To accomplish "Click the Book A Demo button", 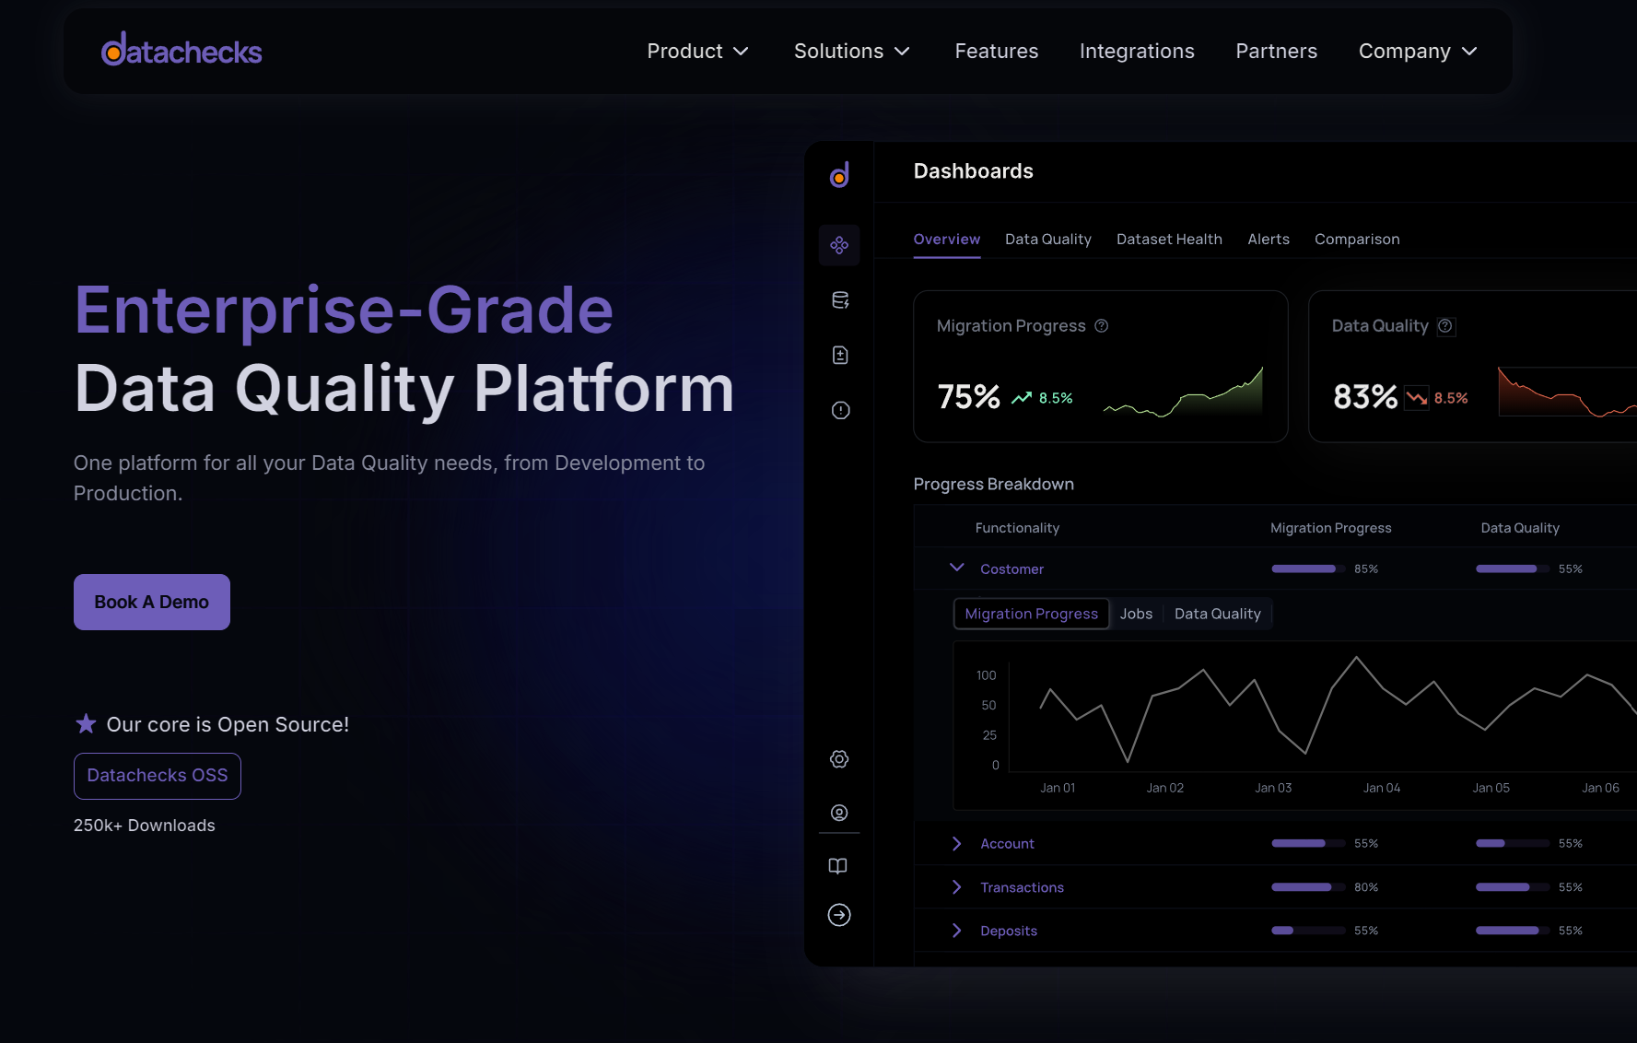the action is (152, 602).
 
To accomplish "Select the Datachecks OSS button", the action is (158, 776).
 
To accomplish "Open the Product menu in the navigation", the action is (697, 52).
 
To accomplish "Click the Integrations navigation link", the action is (1137, 52).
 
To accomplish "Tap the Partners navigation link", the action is (1276, 52).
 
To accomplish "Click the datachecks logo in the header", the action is (181, 50).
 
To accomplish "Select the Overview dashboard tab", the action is (947, 240).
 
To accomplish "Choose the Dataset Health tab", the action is (1169, 240).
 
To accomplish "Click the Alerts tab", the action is (1269, 240).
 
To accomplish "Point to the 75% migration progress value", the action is (968, 397).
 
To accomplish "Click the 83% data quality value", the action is (1365, 397).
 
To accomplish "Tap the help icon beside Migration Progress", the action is (1102, 326).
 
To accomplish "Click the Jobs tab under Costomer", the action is (1136, 614).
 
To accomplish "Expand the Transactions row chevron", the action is (957, 887).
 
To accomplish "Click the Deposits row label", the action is (1009, 932).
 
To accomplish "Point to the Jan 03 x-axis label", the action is (1273, 788).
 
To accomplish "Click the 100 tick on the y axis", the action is (987, 675).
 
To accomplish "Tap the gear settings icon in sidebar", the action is (839, 759).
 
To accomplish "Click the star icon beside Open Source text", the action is (86, 724).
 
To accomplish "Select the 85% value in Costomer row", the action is (1366, 569).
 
